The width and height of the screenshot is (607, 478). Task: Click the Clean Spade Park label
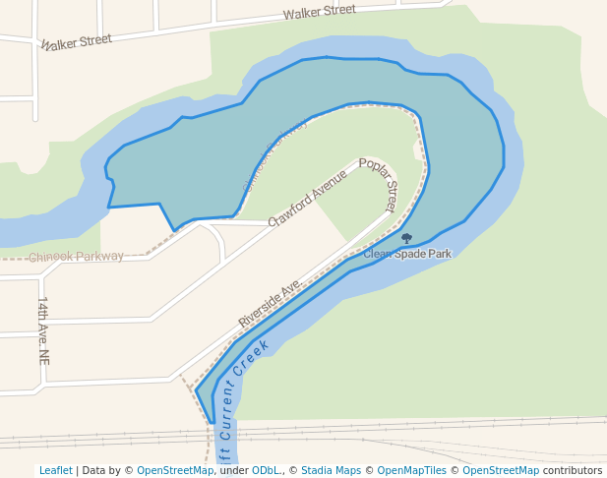[x=407, y=254]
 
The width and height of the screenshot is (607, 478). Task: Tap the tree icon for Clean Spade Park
[x=406, y=238]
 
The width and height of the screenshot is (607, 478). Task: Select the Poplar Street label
[x=378, y=184]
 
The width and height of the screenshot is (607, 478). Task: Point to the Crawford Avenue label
[x=308, y=200]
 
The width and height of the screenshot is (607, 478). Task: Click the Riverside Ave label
[x=269, y=303]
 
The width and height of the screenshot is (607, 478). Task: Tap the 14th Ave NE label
[x=43, y=330]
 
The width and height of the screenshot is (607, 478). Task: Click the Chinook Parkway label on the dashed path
[x=76, y=257]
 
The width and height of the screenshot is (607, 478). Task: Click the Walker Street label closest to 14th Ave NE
[x=76, y=40]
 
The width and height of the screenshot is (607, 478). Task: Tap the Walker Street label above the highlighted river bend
[x=319, y=12]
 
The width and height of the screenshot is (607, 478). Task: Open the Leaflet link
[x=55, y=470]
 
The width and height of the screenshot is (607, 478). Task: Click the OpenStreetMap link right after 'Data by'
[x=175, y=470]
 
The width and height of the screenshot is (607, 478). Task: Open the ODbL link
[x=263, y=470]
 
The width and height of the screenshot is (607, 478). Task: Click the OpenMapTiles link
[x=412, y=470]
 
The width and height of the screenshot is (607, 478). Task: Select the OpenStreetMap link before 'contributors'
[x=501, y=470]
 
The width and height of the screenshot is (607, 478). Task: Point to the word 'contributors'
[x=572, y=470]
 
